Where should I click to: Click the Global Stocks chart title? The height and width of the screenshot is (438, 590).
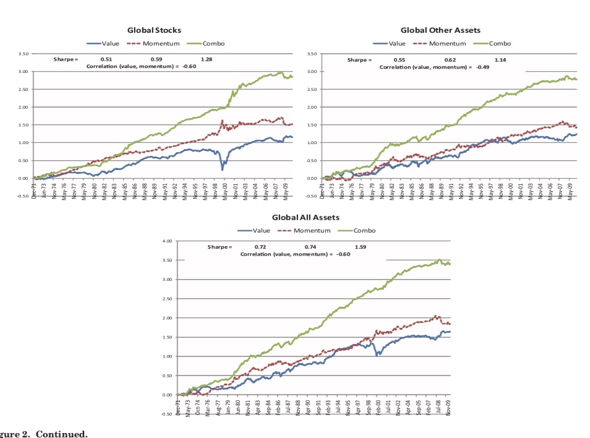(154, 30)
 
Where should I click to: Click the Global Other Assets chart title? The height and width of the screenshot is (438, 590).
(440, 30)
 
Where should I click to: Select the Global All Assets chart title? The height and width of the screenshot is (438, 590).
(306, 218)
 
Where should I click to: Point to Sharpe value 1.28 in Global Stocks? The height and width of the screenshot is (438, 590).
(207, 59)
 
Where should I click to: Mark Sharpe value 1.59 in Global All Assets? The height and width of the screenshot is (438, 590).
(360, 247)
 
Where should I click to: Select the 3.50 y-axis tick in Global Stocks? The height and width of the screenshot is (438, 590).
(23, 54)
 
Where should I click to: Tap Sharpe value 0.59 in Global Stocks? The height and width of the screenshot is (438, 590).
(156, 59)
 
